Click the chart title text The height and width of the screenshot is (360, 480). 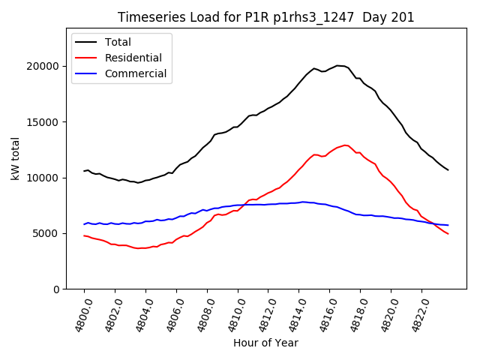click(266, 17)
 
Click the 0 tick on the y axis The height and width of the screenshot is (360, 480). click(56, 289)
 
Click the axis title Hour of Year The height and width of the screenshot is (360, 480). click(265, 343)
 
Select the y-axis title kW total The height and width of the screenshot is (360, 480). click(15, 158)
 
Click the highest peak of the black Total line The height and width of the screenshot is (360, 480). click(339, 65)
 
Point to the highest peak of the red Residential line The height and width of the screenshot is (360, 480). click(345, 145)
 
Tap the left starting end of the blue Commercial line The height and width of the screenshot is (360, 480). click(84, 224)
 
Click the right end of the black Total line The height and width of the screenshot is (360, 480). click(448, 169)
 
